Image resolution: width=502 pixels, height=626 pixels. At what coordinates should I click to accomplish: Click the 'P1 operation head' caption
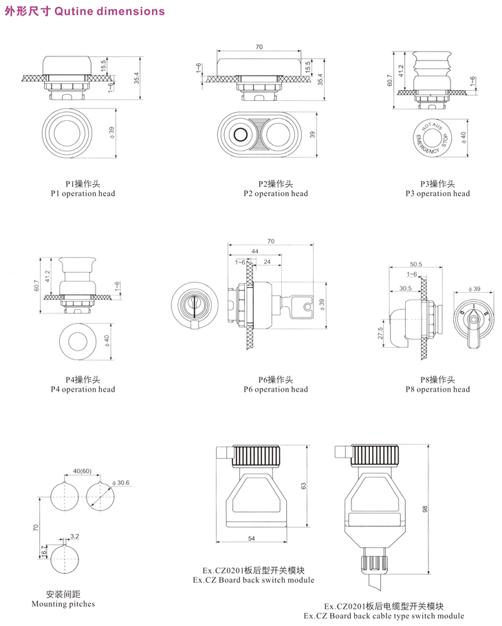(83, 193)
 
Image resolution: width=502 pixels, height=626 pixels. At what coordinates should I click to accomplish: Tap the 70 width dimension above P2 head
(259, 47)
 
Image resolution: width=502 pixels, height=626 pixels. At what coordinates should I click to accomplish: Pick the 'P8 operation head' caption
(437, 389)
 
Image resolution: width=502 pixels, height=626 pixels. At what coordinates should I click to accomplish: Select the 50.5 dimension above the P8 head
(415, 264)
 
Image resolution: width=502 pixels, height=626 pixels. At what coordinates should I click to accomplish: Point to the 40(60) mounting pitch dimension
(82, 471)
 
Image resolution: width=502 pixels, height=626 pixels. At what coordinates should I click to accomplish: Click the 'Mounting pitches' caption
(63, 604)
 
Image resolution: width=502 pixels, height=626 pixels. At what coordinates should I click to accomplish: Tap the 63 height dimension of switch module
(303, 486)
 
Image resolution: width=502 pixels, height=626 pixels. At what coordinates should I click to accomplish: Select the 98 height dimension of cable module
(426, 509)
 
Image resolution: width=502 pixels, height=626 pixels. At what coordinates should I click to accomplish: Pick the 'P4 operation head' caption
(83, 389)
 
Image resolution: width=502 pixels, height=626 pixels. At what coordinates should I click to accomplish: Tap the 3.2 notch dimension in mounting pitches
(75, 535)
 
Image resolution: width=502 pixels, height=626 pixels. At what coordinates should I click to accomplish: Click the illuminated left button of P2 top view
(242, 134)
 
